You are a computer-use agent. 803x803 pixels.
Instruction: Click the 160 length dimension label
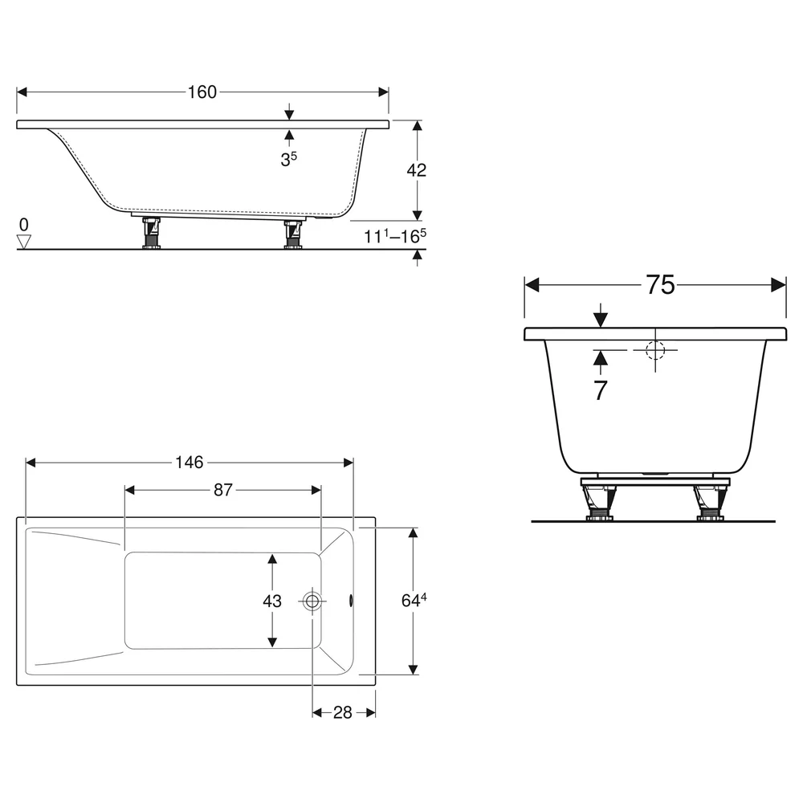[x=202, y=92]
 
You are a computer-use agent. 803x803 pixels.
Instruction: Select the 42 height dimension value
[x=416, y=170]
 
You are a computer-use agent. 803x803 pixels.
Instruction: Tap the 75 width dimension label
[x=660, y=285]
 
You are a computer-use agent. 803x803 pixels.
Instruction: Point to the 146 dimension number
[x=189, y=463]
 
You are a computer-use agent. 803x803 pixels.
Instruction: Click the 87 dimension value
[x=222, y=490]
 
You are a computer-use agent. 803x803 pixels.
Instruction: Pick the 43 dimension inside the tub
[x=272, y=601]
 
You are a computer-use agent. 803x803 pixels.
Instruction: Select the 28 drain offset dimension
[x=343, y=712]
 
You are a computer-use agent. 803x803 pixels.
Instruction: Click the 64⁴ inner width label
[x=414, y=600]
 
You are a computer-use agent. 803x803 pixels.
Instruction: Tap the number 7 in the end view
[x=600, y=390]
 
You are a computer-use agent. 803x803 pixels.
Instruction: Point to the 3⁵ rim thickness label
[x=288, y=159]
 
